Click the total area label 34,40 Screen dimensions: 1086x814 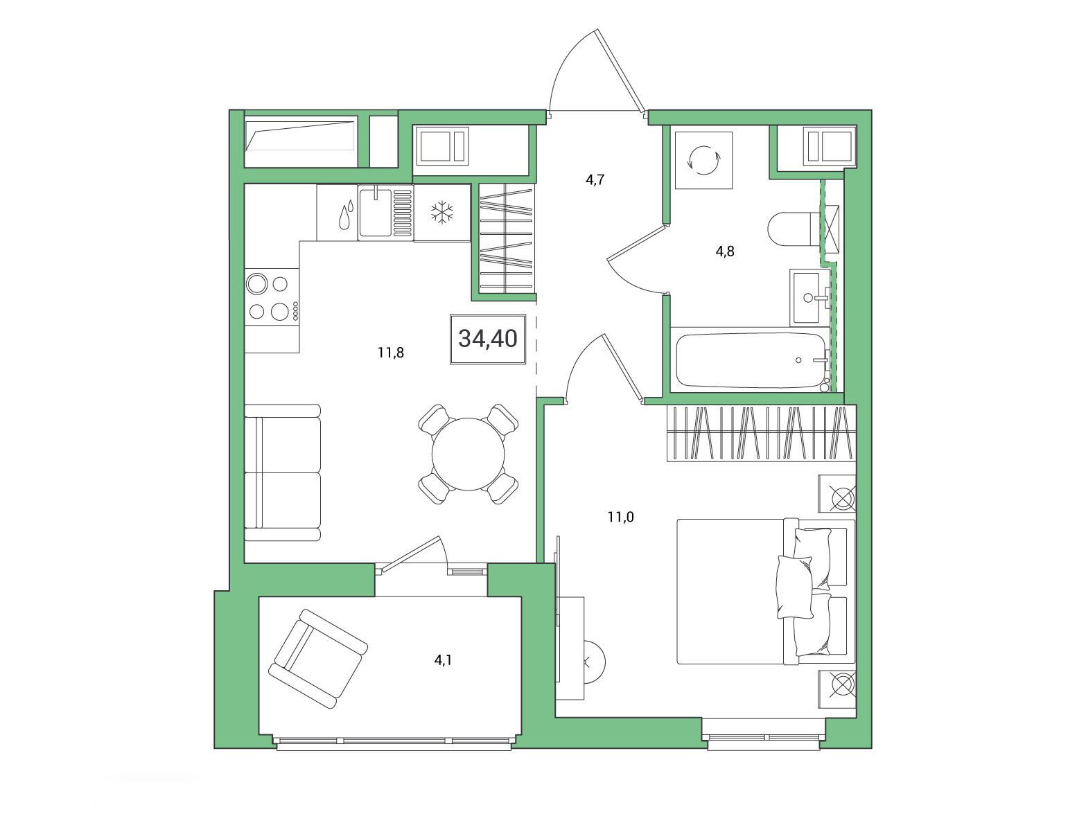point(487,339)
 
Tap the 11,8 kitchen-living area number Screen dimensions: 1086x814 point(391,353)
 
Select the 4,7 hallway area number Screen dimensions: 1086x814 point(595,179)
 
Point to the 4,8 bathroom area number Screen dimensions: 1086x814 point(724,251)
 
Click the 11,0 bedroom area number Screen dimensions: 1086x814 point(620,517)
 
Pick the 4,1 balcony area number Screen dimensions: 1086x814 point(443,660)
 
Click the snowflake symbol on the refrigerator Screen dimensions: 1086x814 point(442,213)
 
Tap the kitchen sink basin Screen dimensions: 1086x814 point(375,213)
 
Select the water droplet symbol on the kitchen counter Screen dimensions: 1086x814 point(347,214)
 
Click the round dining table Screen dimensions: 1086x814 point(468,454)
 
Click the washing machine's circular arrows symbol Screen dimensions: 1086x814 point(703,161)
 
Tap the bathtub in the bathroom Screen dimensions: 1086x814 point(750,360)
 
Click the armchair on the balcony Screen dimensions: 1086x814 point(317,658)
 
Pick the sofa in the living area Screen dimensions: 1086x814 point(283,472)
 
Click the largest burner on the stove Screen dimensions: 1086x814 point(257,284)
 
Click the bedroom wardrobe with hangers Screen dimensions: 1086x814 point(762,433)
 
